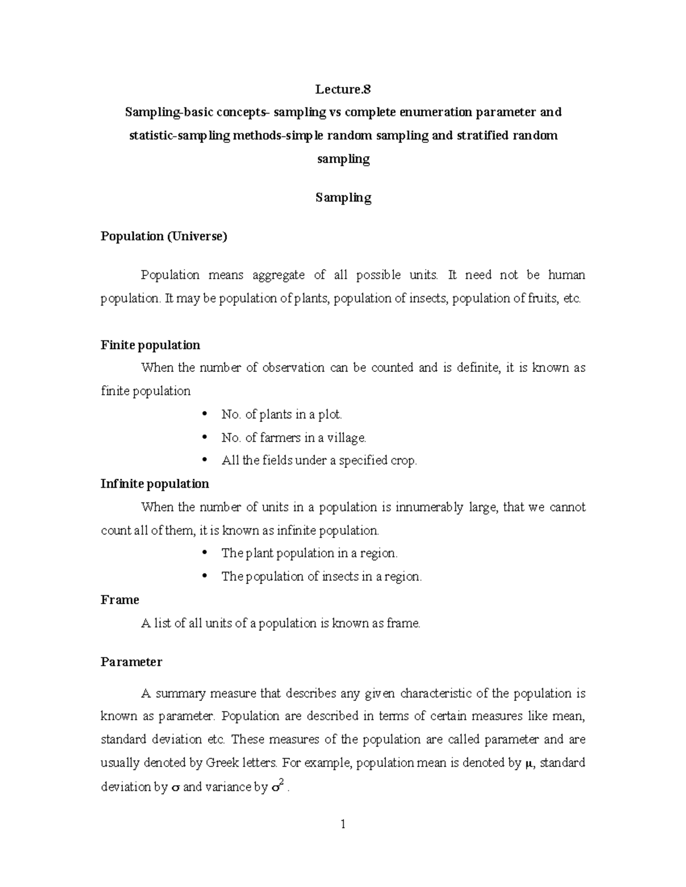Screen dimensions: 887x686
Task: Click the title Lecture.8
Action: click(343, 89)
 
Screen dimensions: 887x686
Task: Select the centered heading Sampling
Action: click(343, 198)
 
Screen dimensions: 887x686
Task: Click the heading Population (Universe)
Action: click(164, 236)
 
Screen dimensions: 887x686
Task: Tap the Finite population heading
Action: click(150, 345)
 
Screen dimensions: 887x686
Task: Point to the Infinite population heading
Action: click(155, 484)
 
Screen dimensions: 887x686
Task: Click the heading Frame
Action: click(120, 600)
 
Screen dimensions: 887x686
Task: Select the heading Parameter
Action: click(131, 662)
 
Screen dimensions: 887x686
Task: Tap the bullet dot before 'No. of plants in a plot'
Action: click(205, 415)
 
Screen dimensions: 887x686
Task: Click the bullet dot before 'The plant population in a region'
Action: click(205, 553)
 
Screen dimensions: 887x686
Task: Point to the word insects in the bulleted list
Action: click(340, 577)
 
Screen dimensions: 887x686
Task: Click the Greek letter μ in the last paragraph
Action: click(529, 764)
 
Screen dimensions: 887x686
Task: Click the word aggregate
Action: click(280, 275)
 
